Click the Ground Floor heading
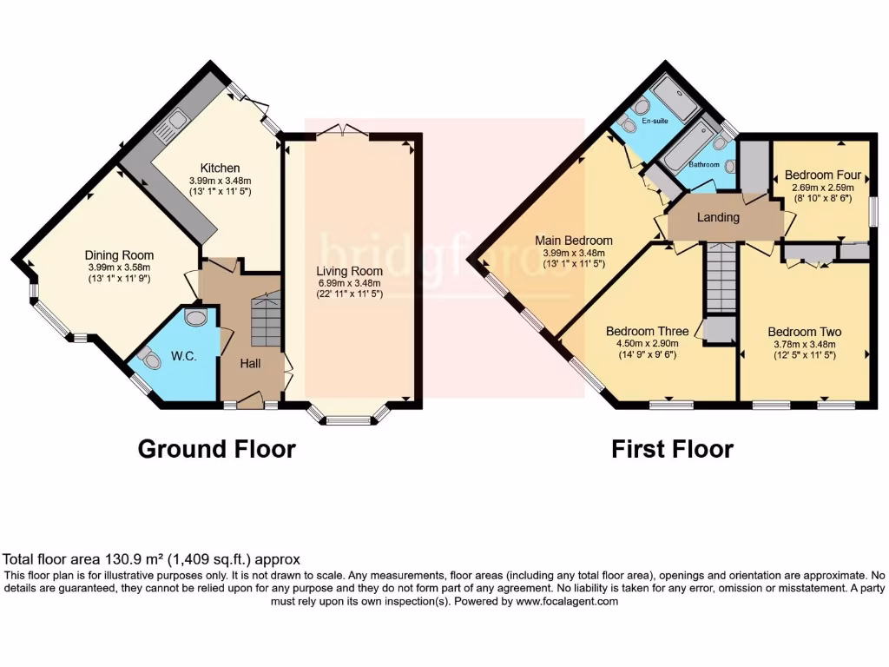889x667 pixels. pos(217,449)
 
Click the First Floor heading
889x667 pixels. pos(672,449)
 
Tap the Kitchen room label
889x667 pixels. pos(220,168)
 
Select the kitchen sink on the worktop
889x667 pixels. pos(168,127)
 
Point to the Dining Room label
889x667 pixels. pos(119,254)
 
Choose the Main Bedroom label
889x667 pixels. pos(573,241)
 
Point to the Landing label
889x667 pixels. pos(719,217)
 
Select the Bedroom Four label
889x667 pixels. pos(822,175)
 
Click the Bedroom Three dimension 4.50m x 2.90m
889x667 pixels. pos(647,343)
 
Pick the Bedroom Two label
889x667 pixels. pos(804,332)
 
